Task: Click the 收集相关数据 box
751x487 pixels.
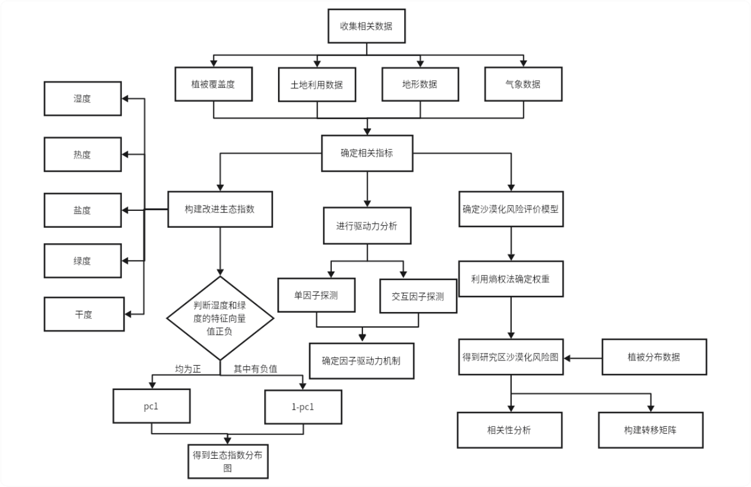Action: pos(367,26)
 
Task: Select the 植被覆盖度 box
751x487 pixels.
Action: pos(214,84)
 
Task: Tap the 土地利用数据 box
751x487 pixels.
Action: pos(317,85)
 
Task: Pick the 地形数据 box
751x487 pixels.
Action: pos(420,84)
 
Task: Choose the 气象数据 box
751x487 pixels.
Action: pos(523,84)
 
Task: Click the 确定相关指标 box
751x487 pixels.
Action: pos(367,153)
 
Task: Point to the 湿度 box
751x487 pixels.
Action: pos(83,99)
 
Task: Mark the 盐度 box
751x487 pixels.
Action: pos(83,210)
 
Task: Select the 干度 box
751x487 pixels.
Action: pos(84,314)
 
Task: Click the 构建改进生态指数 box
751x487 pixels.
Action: pos(220,209)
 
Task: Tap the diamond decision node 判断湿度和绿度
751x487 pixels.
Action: pos(220,318)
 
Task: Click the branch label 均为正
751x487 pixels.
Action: pos(188,369)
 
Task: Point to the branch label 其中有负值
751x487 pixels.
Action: pos(255,369)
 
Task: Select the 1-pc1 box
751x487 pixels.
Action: pos(303,407)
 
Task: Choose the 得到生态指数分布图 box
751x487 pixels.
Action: pos(228,461)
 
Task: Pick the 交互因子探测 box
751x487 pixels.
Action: pos(418,296)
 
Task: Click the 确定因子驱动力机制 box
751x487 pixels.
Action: pos(361,361)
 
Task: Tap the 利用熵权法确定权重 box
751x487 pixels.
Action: pos(511,278)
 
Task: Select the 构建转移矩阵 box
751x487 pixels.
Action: pos(650,430)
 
